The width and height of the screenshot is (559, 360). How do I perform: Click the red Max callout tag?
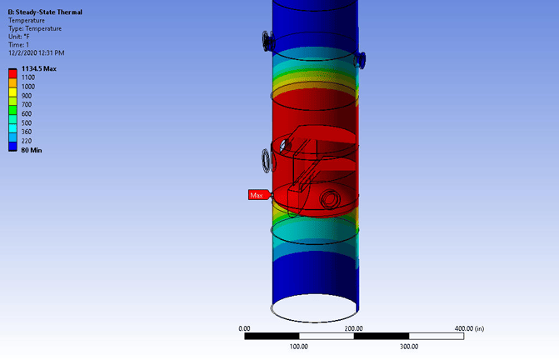(258, 195)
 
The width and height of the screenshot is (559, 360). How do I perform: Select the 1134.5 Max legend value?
(39, 68)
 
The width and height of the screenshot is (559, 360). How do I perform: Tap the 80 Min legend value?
(32, 150)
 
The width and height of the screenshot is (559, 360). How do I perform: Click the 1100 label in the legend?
(28, 77)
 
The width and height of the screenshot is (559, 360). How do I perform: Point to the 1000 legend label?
(28, 87)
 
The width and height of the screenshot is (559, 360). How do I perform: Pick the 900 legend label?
(27, 96)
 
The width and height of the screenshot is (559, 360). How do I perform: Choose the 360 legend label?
(27, 132)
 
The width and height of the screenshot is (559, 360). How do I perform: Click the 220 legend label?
(27, 141)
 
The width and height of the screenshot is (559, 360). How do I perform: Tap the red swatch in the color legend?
(12, 74)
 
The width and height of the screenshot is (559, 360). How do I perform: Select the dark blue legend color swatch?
(12, 147)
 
